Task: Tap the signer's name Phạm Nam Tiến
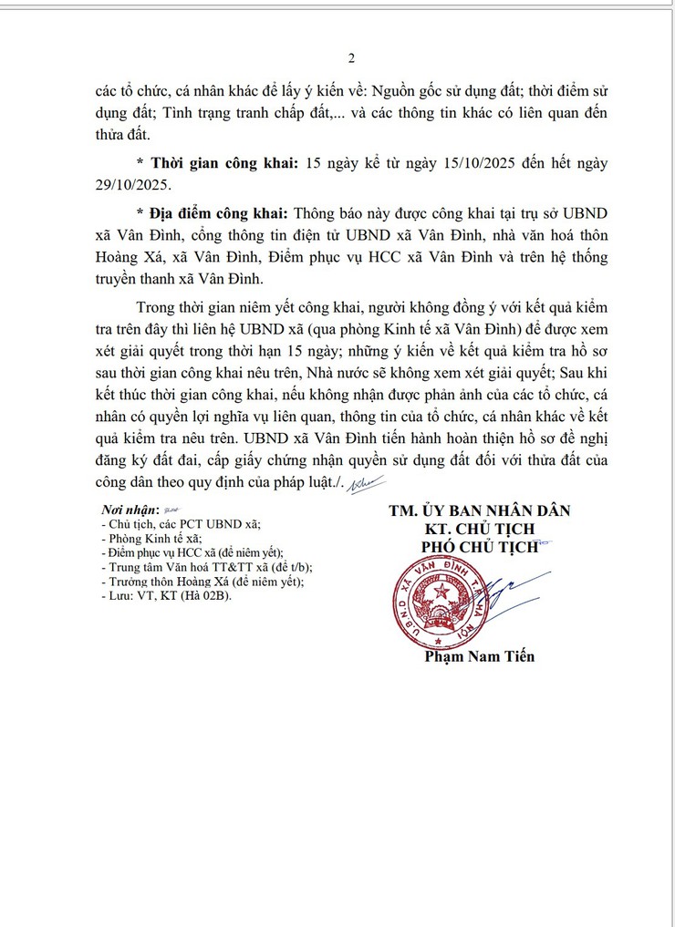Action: pos(480,656)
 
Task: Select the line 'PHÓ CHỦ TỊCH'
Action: pos(479,547)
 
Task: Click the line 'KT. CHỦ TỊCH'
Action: pos(479,529)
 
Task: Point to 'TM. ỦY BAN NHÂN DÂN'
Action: pos(479,510)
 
